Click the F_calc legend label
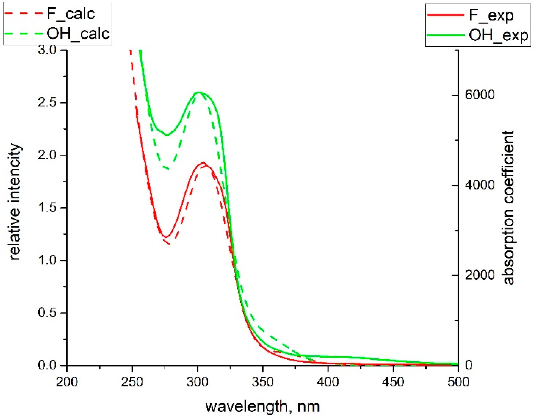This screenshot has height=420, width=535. [x=71, y=14]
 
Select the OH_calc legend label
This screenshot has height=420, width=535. [x=78, y=34]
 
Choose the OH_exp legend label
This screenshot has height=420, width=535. [x=498, y=35]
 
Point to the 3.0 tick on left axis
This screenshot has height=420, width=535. [x=47, y=50]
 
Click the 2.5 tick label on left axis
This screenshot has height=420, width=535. [x=47, y=102]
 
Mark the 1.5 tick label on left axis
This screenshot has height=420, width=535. [x=47, y=207]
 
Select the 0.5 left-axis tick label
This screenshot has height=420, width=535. [x=47, y=313]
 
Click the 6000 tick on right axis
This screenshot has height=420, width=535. [x=480, y=95]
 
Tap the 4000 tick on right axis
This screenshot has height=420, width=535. [x=480, y=185]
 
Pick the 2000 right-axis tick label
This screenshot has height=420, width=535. [x=480, y=275]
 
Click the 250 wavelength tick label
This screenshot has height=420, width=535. [x=132, y=382]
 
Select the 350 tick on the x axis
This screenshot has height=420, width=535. [x=263, y=382]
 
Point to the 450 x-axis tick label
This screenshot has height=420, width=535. [x=393, y=382]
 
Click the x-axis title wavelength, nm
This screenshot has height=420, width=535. [x=262, y=406]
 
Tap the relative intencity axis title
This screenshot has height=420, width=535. [x=15, y=202]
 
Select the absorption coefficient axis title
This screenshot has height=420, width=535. [x=508, y=207]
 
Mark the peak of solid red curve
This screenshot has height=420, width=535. [x=203, y=163]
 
